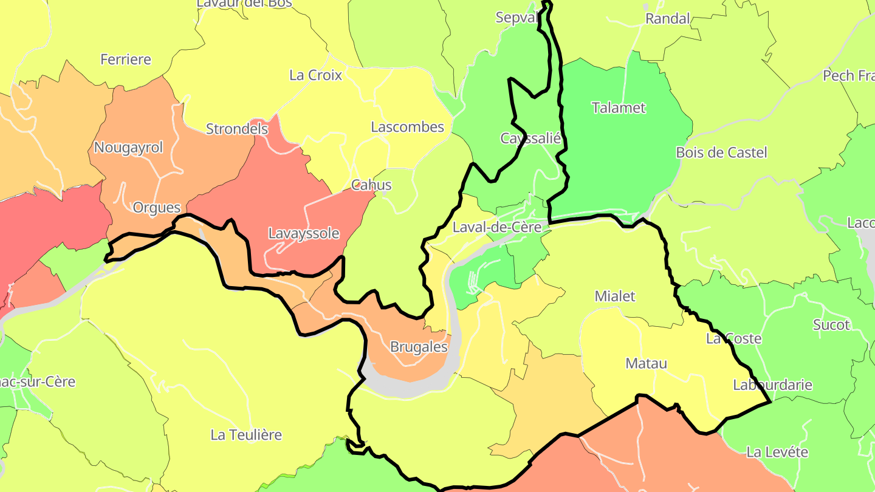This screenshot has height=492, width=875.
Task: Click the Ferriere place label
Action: coord(126,60)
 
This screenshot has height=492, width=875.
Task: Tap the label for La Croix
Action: coord(316,75)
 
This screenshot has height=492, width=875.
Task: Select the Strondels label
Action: coord(237,129)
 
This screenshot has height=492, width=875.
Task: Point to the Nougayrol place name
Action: coord(129,148)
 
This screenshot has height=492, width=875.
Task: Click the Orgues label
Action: coord(157,208)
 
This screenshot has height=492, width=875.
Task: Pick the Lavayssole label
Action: coord(304,233)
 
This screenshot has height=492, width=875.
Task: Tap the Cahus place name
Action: coord(371,185)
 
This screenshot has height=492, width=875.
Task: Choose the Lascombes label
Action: coord(407,128)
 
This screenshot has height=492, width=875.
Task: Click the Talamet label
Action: coord(619,108)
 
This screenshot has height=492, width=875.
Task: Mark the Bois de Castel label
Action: coord(721,152)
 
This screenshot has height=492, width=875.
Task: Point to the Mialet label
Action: coord(615,296)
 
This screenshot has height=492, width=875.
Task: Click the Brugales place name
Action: coord(419,347)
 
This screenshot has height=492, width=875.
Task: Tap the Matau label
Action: coord(646,364)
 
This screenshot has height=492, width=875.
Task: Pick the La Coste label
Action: coord(733,338)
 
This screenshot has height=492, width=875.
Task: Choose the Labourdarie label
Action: coord(772,384)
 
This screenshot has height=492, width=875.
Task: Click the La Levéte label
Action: coord(777,452)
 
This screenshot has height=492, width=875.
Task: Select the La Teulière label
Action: coord(246,435)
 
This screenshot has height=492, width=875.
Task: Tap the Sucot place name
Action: coord(831,325)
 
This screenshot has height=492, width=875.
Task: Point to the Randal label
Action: coord(668,19)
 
